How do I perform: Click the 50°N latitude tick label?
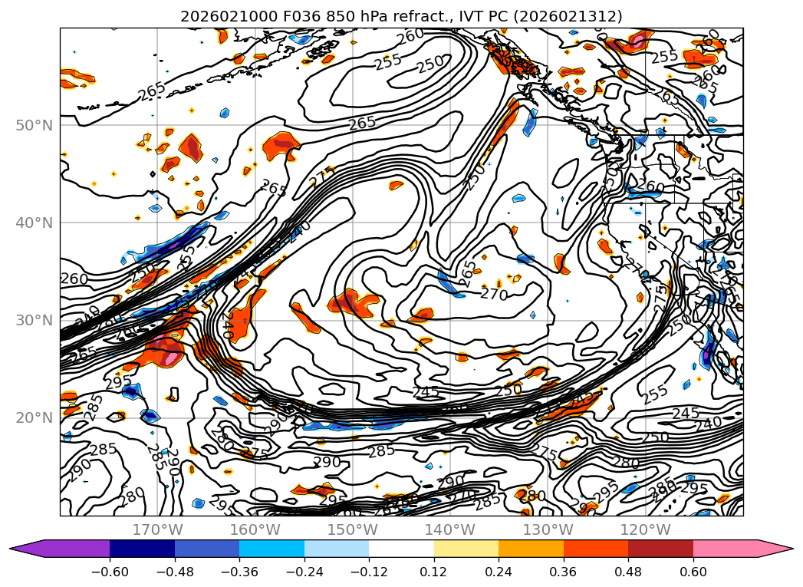(35, 125)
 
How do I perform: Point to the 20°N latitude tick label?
(35, 418)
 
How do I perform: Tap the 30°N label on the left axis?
(35, 321)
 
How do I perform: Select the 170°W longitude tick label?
(157, 529)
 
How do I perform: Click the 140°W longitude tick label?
(450, 529)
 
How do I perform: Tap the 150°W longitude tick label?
(353, 529)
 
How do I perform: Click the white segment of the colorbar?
(401, 549)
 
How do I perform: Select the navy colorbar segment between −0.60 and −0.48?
(142, 549)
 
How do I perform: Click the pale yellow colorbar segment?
(466, 549)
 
